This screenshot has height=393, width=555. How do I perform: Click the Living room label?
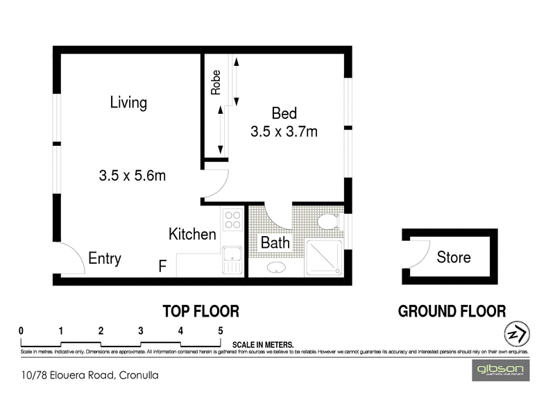pos(128,103)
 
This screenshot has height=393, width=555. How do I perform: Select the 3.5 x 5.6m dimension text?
pos(133,176)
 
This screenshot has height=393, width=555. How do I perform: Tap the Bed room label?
pos(284,113)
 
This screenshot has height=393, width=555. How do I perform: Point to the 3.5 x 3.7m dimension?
pos(284,131)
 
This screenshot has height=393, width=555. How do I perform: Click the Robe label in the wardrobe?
pos(216,82)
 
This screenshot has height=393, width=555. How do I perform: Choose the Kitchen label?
pos(192,235)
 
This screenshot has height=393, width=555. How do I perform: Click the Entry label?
pos(105,259)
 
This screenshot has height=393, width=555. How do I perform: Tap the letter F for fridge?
pos(162,265)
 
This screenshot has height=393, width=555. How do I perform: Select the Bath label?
pos(275,244)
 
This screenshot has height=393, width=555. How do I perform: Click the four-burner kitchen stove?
pos(232,220)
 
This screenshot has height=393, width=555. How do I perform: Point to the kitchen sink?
pos(232,260)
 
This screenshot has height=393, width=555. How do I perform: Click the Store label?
pos(454,258)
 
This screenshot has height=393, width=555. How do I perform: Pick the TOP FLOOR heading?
pos(200,311)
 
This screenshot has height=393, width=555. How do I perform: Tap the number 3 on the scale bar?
pos(141,331)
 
